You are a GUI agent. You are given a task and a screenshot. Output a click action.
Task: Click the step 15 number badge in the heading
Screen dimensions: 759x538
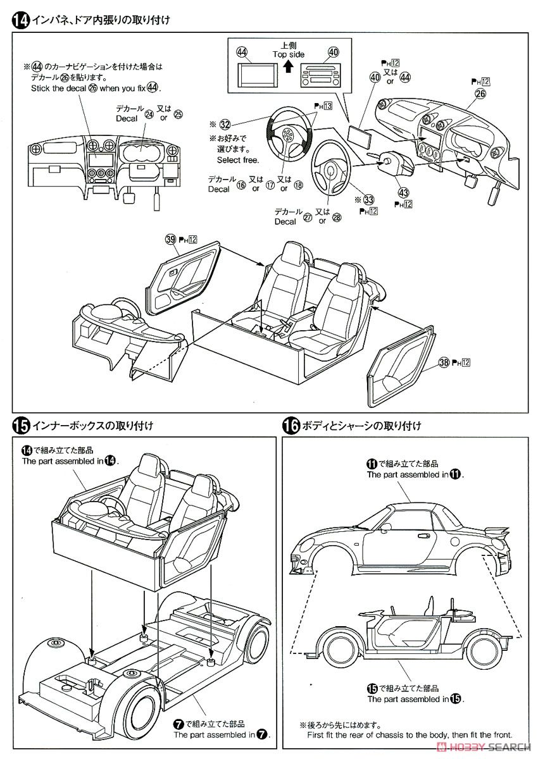tap(21, 425)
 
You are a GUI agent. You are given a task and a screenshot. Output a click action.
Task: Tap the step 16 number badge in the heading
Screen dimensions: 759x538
tap(291, 425)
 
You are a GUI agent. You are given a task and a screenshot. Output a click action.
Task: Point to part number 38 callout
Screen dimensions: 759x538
tap(443, 362)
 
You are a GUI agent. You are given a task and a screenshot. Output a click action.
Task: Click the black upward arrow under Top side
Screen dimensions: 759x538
tap(288, 66)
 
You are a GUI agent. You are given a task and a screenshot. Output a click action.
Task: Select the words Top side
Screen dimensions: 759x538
tap(289, 55)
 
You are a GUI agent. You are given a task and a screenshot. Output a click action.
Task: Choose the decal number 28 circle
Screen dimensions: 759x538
tap(336, 218)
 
